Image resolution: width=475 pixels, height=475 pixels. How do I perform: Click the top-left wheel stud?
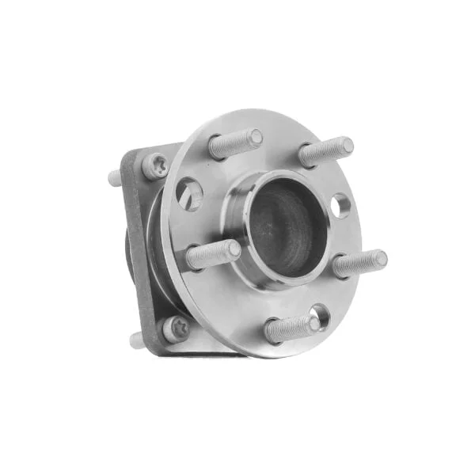(x=234, y=144)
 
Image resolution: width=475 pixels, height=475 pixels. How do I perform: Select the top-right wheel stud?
(x=325, y=152)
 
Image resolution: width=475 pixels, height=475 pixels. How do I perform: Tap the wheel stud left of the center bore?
(x=212, y=255)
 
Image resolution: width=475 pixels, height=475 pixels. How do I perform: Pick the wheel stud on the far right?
(x=358, y=264)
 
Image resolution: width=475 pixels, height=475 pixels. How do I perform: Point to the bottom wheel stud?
(x=291, y=328)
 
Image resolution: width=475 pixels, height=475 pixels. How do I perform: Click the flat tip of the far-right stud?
(x=380, y=258)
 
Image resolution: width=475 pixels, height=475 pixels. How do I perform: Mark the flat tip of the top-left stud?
(x=255, y=138)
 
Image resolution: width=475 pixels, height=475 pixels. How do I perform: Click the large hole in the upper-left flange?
(x=190, y=194)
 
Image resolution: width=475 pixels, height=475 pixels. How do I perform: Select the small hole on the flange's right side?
(x=340, y=207)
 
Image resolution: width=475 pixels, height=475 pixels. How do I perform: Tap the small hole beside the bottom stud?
(x=321, y=313)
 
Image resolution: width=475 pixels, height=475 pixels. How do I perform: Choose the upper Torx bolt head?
(x=154, y=167)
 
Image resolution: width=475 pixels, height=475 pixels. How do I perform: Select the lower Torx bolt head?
(x=175, y=328)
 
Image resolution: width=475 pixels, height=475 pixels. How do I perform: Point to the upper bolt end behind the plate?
(x=115, y=177)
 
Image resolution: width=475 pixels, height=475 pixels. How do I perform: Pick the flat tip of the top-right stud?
(x=346, y=146)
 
